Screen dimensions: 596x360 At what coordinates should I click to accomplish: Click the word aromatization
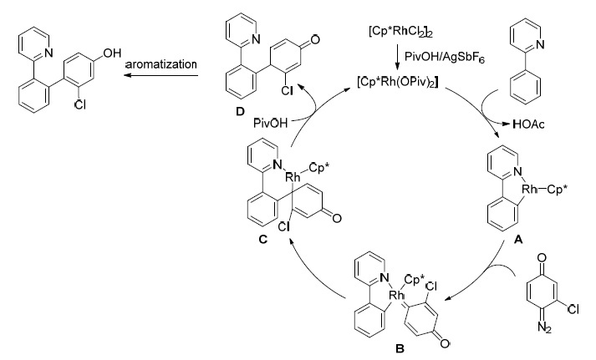point(160,63)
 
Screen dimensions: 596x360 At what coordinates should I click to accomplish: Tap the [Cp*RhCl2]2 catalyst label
point(400,31)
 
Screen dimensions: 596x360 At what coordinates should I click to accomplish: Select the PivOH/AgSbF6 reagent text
point(445,58)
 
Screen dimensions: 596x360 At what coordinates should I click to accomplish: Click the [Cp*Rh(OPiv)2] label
point(397,82)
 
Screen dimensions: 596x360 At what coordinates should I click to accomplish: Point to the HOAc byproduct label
point(529,124)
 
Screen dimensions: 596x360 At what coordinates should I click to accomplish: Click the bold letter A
point(518,239)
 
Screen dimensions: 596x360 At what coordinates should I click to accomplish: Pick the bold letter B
point(400,348)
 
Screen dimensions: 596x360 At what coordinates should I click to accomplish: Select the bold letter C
point(262,239)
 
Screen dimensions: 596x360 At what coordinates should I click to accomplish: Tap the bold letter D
point(240,112)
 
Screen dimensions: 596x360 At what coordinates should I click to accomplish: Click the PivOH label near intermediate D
point(270,123)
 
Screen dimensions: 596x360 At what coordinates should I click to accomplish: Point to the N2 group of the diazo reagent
point(544,327)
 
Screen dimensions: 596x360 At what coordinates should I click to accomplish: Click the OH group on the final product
point(112,53)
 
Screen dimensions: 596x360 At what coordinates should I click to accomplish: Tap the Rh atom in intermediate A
point(530,189)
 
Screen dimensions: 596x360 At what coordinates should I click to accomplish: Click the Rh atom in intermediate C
point(293,176)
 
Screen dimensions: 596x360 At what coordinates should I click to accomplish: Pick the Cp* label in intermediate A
point(557,189)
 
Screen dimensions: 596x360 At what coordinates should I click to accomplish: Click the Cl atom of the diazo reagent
point(573,310)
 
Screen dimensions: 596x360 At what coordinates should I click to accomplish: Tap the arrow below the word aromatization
point(161,75)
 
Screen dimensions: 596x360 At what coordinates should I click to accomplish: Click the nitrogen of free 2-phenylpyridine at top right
point(540,44)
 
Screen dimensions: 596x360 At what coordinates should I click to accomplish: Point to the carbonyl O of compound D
point(315,39)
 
